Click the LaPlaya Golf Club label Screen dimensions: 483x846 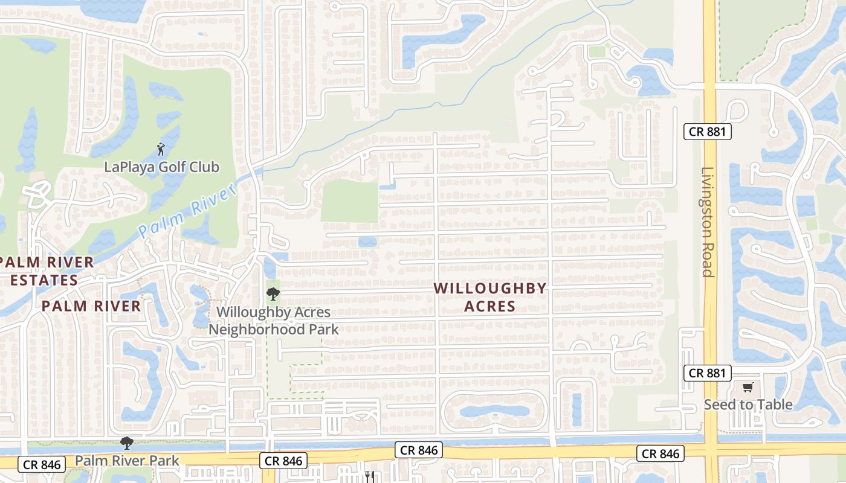tap(161, 167)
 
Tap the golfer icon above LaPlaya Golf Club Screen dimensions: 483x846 tap(161, 149)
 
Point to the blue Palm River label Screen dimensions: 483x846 tap(187, 212)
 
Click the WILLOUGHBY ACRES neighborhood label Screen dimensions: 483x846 tap(490, 297)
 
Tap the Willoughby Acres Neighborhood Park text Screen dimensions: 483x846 tap(274, 321)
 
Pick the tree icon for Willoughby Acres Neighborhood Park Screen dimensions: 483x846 tap(273, 294)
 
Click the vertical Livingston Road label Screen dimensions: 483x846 tap(708, 222)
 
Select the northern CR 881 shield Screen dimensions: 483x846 tap(708, 132)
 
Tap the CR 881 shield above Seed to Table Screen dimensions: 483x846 tap(708, 373)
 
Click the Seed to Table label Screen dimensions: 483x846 tap(748, 405)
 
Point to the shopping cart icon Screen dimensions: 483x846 tap(748, 387)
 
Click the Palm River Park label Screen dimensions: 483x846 tap(127, 461)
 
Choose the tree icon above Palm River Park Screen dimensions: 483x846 tap(126, 444)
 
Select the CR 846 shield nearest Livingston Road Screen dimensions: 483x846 tap(661, 453)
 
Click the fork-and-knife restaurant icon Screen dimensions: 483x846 tap(370, 476)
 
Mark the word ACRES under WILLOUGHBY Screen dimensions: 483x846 tap(490, 306)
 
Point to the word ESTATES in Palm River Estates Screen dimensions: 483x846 tap(44, 280)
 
